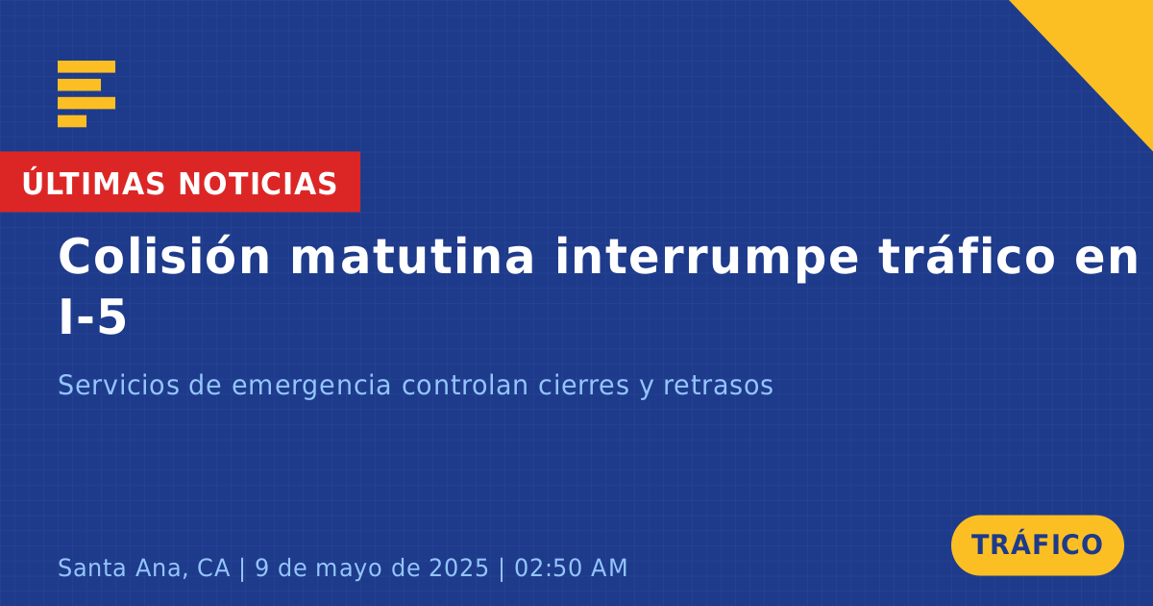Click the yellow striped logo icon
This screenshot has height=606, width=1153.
coord(86,94)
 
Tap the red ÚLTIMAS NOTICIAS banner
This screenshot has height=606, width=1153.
coord(180,182)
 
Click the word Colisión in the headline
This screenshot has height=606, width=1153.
coord(163,256)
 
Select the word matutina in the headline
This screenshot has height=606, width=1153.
coord(412,256)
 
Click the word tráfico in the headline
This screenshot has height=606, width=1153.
coord(968,256)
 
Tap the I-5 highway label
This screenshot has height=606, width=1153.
coord(92,317)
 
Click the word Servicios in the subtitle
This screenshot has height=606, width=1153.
coord(118,385)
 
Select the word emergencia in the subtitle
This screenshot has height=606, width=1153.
coord(311,386)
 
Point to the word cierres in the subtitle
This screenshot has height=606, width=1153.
coord(584,385)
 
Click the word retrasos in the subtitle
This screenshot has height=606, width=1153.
coord(718,386)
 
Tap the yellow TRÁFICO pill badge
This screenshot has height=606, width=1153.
coord(1037,545)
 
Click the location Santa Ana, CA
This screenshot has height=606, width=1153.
coord(143,568)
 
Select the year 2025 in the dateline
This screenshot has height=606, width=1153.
coord(458,568)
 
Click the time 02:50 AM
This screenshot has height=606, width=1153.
coord(571,568)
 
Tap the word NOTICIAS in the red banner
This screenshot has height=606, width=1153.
coord(258,184)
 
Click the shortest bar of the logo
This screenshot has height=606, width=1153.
coord(72,121)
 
